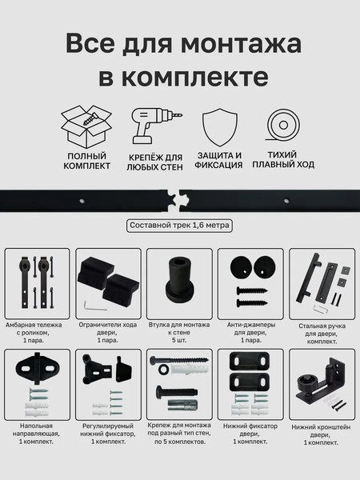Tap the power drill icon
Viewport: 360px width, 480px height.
tap(153, 126)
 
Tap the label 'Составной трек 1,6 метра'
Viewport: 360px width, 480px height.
tap(179, 226)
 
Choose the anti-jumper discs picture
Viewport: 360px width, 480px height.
tap(248, 276)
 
